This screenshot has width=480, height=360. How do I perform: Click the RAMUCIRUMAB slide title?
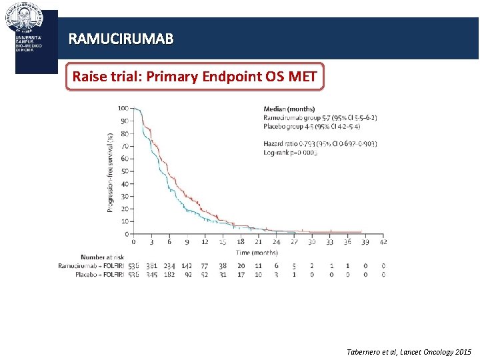(x=121, y=39)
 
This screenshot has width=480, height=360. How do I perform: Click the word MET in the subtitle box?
(x=303, y=77)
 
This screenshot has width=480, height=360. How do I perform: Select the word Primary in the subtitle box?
(x=177, y=77)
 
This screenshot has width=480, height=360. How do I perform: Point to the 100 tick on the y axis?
(x=123, y=109)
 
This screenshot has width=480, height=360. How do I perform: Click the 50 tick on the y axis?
(x=125, y=171)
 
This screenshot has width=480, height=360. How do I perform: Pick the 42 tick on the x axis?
(x=383, y=242)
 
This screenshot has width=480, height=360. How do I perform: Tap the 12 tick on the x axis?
(x=205, y=242)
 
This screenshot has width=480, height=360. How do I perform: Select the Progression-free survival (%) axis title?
(x=111, y=171)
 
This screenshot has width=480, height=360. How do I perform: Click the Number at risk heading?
(x=101, y=257)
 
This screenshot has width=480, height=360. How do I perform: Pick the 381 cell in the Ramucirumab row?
(x=152, y=266)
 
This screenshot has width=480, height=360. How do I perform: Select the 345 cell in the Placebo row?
(x=152, y=274)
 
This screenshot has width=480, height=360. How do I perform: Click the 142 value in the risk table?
(x=187, y=266)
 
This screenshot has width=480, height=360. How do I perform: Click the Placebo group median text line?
(x=312, y=127)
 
